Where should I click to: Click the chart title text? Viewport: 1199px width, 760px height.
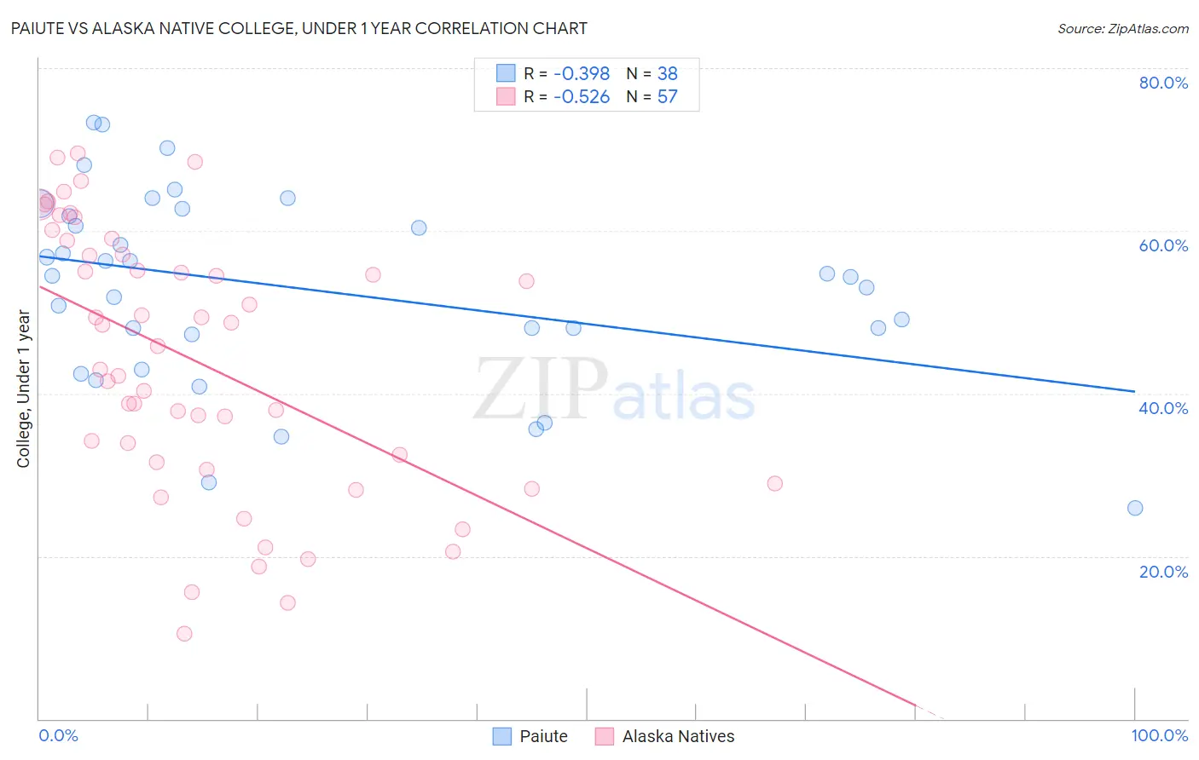(298, 28)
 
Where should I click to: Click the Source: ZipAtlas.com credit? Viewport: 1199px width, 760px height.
(1122, 28)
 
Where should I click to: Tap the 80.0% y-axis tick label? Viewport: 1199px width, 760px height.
(1163, 83)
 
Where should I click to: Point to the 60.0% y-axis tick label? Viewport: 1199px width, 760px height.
(1163, 245)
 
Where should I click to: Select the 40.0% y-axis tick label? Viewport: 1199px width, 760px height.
(1163, 408)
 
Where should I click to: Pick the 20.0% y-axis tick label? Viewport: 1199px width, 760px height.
(1163, 571)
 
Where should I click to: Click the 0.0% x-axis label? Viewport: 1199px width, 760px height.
(59, 735)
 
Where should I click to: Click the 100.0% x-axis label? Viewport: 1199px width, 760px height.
(1159, 735)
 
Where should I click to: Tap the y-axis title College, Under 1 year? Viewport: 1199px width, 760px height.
(24, 389)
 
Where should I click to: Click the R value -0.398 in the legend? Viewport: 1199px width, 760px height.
(582, 73)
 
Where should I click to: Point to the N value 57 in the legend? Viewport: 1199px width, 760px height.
(667, 96)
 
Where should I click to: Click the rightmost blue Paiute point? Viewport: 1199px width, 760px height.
(1135, 508)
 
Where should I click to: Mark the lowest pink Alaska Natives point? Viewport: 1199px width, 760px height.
(184, 633)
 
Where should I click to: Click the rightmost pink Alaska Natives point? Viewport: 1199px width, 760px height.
(774, 483)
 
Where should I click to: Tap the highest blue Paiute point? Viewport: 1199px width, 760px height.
(94, 122)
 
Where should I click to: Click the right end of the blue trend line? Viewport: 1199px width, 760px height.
(1134, 391)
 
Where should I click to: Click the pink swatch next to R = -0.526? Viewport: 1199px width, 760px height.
(506, 96)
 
